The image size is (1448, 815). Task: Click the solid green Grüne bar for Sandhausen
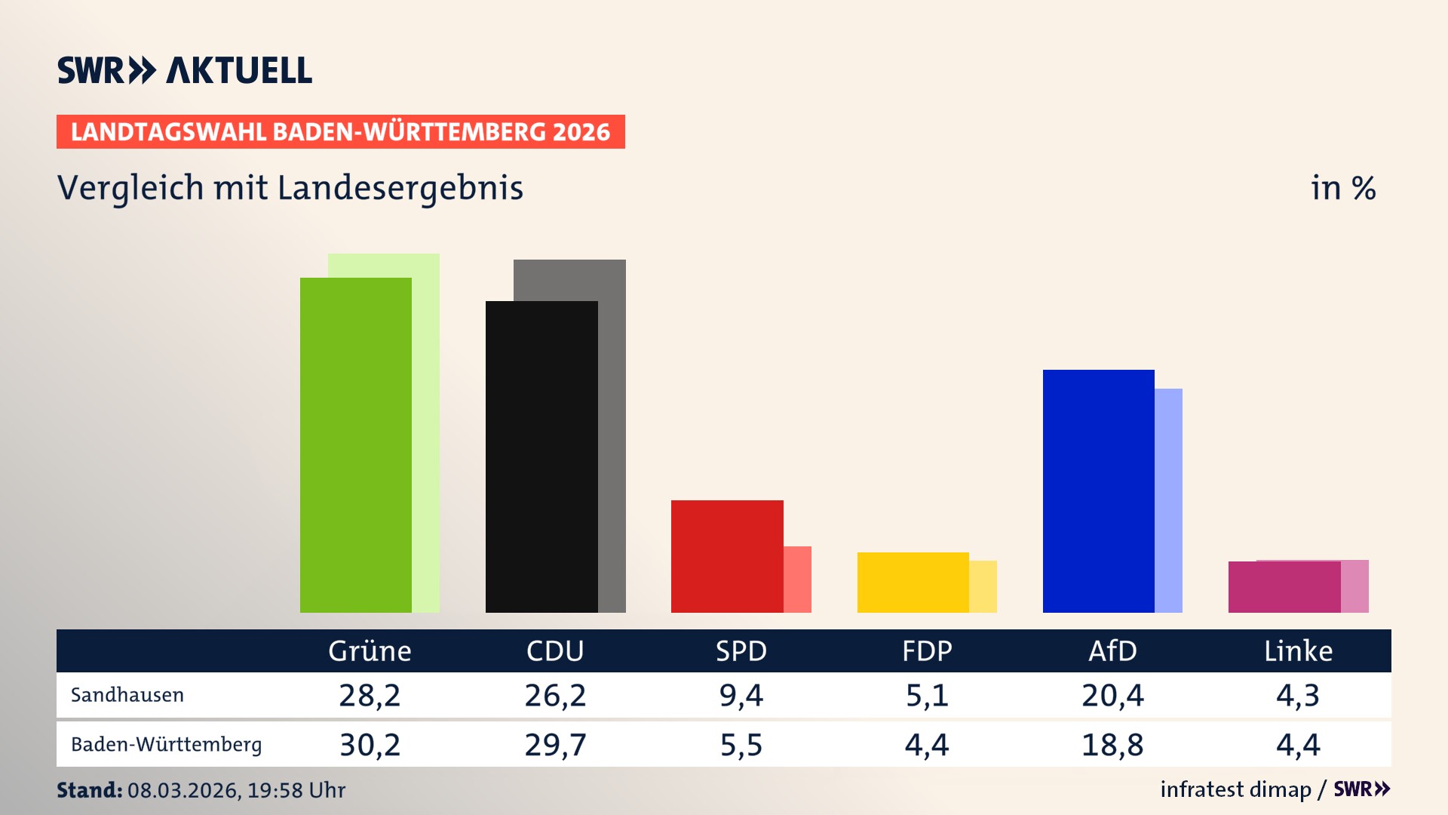click(355, 445)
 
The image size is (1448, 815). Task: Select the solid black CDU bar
click(541, 457)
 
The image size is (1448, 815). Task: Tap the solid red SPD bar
click(726, 556)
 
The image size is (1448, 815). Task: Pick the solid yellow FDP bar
click(913, 582)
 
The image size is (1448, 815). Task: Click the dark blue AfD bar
click(1098, 491)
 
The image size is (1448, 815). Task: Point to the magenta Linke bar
click(1284, 587)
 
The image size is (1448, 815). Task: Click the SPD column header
click(741, 651)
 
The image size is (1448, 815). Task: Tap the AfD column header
click(1112, 651)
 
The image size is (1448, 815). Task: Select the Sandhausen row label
click(127, 695)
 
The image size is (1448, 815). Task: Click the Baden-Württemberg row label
click(166, 745)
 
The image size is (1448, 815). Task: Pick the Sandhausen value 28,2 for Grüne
click(370, 695)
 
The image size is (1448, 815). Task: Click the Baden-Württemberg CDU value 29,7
click(555, 745)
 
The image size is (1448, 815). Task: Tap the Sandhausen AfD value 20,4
click(1112, 695)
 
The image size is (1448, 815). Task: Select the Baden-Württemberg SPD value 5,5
click(741, 745)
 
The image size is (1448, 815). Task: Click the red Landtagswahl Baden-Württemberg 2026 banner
click(340, 132)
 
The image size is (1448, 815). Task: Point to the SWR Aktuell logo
click(185, 70)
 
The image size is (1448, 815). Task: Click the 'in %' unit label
click(1342, 188)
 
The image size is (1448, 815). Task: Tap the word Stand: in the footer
click(89, 790)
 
